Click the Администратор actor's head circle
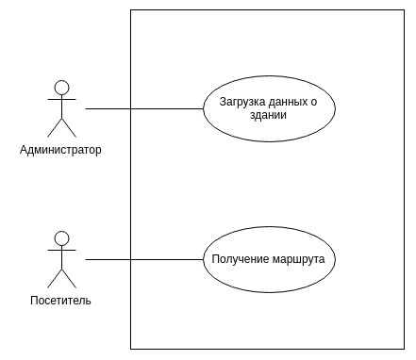61,88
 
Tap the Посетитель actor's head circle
61,237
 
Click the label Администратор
60,149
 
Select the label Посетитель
60,300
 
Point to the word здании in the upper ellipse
269,115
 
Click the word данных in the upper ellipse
290,102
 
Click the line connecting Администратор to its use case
141,108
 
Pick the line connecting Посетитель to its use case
141,259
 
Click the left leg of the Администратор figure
55,128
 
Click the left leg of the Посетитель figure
55,279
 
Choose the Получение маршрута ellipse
269,278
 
